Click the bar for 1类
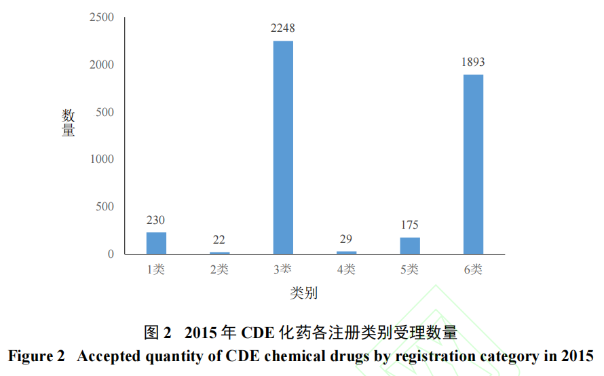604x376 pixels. tap(156, 243)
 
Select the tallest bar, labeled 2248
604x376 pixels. tap(283, 147)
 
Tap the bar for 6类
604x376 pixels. tap(473, 164)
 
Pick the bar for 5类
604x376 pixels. tap(410, 246)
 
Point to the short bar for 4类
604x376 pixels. tap(346, 252)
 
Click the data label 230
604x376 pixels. tap(156, 220)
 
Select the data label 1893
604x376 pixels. tap(473, 62)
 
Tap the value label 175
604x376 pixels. tap(410, 225)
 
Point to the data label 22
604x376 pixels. tap(219, 240)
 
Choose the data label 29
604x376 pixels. tap(346, 239)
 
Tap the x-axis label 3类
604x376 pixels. tap(283, 269)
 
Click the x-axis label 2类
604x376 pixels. tap(219, 269)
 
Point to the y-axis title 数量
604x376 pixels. tap(69, 122)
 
